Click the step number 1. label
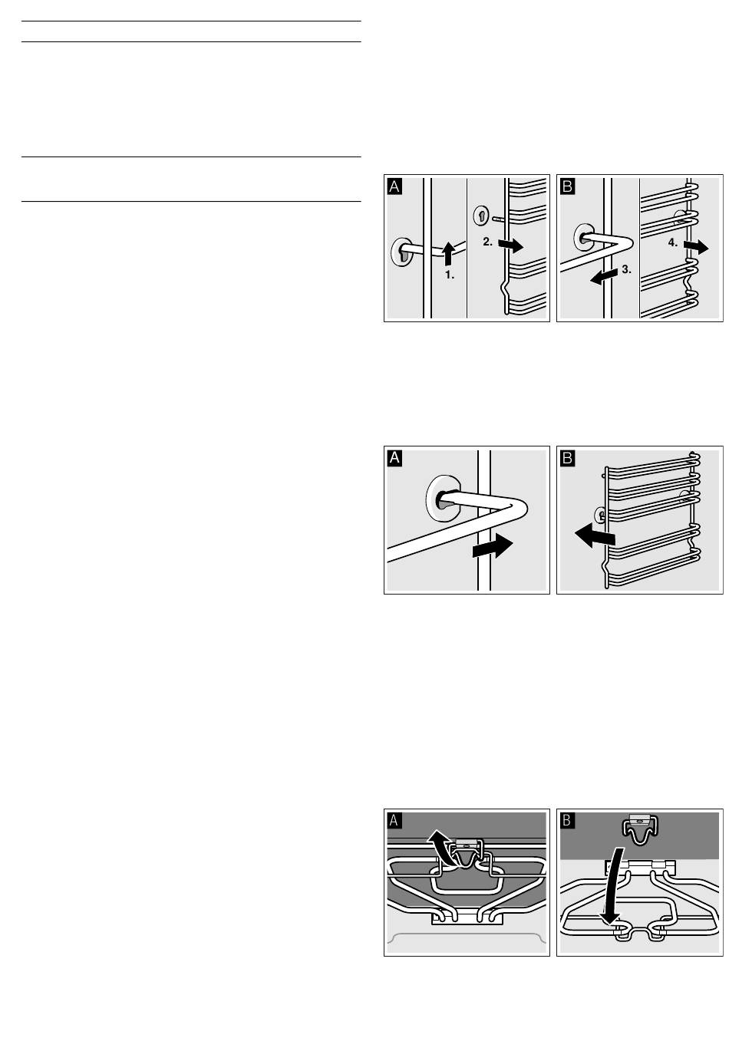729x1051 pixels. [x=449, y=275]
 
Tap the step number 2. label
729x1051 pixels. [x=487, y=242]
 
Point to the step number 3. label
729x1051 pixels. [x=626, y=269]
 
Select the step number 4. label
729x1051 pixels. [x=672, y=242]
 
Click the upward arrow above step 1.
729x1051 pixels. [x=448, y=254]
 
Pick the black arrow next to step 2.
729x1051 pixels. [x=511, y=245]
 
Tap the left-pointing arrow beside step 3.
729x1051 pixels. [x=604, y=276]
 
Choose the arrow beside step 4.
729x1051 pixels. [x=696, y=246]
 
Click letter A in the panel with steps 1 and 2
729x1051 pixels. [x=394, y=186]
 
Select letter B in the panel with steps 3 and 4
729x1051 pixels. [x=567, y=186]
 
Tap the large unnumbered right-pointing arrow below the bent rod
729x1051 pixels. [x=493, y=547]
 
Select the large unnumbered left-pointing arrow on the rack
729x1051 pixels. [x=595, y=535]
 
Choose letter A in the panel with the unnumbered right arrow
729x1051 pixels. [x=394, y=457]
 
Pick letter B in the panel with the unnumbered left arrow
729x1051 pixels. [x=567, y=457]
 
